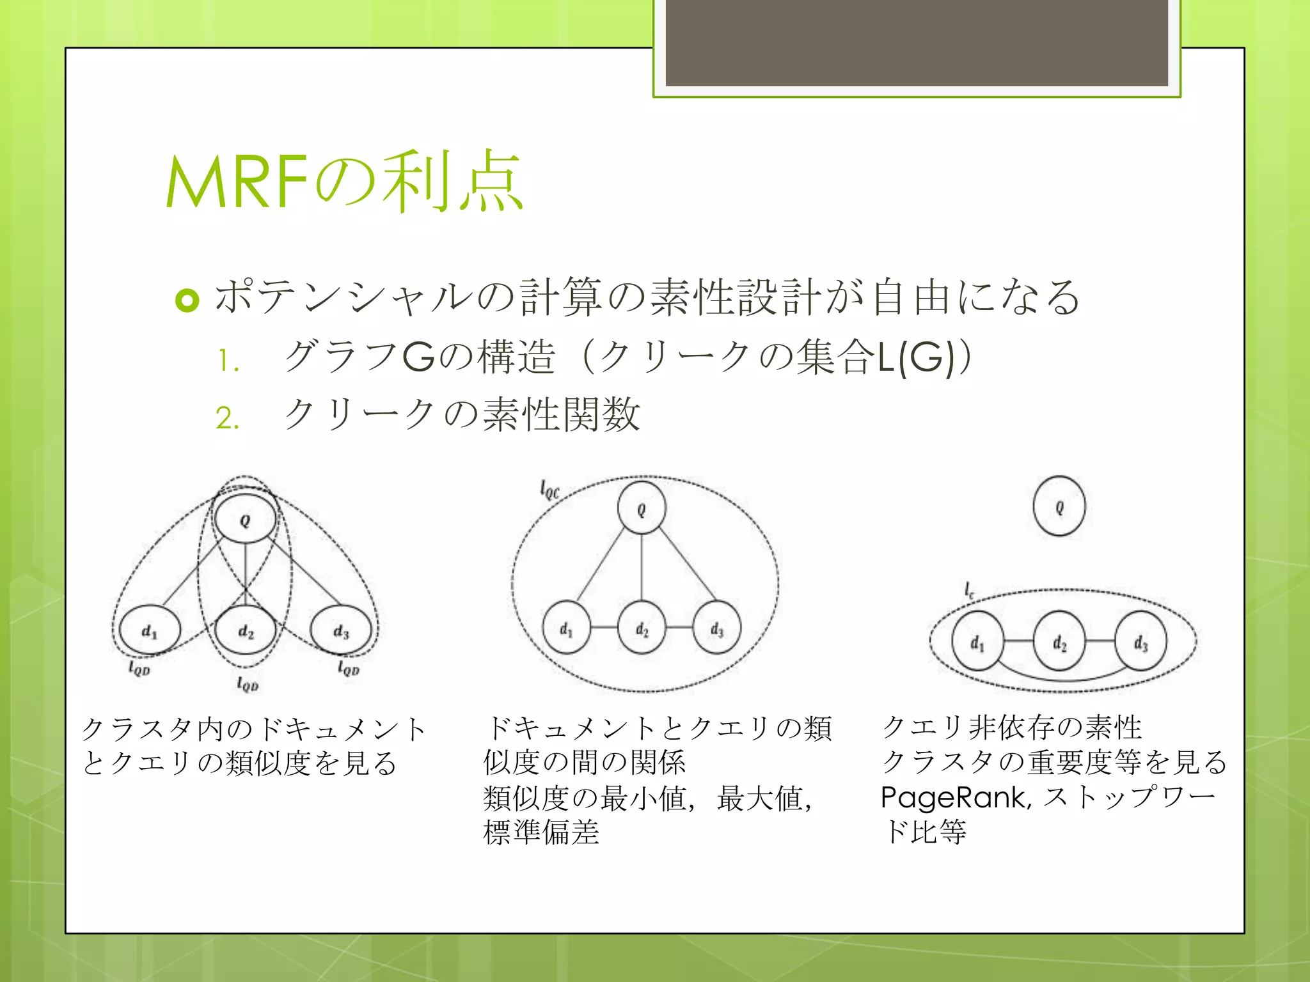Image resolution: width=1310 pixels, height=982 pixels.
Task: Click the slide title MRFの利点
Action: click(344, 182)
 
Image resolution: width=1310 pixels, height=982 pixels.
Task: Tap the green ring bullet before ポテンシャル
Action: click(187, 300)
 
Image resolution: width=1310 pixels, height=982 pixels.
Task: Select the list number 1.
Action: click(228, 361)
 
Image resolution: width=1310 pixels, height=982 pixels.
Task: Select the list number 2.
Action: click(228, 419)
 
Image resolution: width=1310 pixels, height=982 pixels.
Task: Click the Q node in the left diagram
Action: click(245, 519)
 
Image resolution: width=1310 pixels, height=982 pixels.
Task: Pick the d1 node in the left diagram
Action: click(149, 631)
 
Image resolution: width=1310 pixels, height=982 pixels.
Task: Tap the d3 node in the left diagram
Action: click(341, 631)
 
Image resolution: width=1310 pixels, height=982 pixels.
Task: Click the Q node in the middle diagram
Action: click(642, 509)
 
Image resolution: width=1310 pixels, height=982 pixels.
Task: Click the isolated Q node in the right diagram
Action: click(1059, 506)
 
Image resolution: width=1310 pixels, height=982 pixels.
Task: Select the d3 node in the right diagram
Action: click(1140, 641)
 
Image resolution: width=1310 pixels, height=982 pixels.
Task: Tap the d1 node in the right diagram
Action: click(977, 641)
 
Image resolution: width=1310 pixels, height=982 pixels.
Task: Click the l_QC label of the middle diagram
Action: click(549, 491)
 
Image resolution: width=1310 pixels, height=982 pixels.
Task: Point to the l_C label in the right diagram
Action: click(970, 589)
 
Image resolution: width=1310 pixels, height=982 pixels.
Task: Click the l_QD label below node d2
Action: click(248, 685)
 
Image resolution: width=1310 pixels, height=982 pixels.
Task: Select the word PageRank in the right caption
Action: click(955, 797)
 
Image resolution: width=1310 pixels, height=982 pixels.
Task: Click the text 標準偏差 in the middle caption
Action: click(541, 832)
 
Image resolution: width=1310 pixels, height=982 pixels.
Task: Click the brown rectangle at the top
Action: click(917, 42)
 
